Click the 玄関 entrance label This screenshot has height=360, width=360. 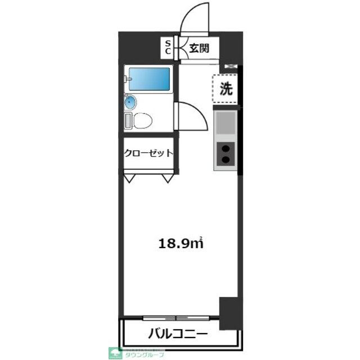click(199, 48)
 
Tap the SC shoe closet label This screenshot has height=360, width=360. click(168, 47)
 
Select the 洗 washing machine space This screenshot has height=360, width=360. click(226, 88)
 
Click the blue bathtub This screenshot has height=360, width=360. click(150, 79)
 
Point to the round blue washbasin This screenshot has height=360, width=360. click(130, 102)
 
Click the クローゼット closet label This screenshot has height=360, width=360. click(147, 152)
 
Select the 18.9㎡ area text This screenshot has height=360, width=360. click(181, 244)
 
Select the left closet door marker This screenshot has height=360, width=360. click(130, 178)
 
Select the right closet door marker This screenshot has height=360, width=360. click(167, 178)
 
